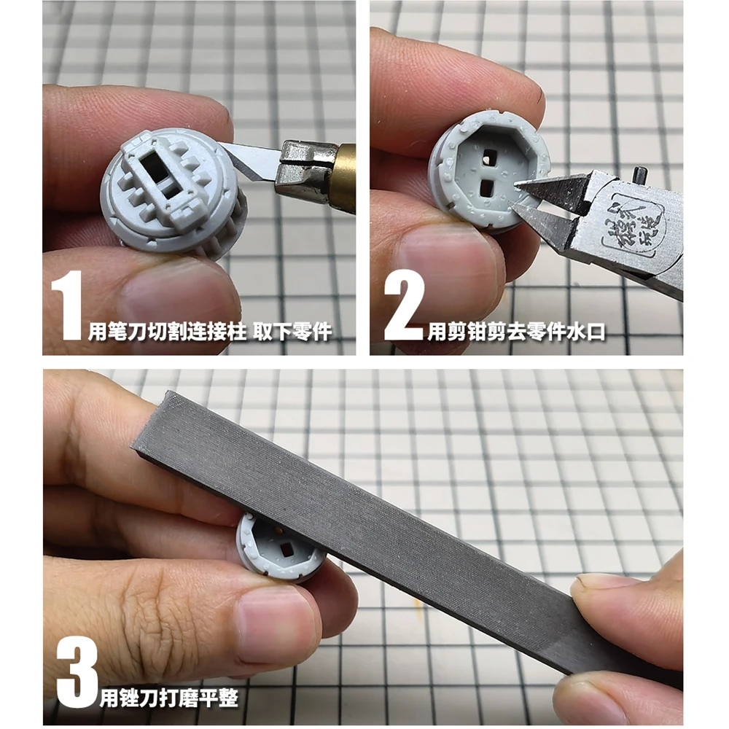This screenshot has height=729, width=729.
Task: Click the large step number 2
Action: pos(403,305)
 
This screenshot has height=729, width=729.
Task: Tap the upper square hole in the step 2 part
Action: pos(488,155)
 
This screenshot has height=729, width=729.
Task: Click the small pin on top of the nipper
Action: pos(640,175)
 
